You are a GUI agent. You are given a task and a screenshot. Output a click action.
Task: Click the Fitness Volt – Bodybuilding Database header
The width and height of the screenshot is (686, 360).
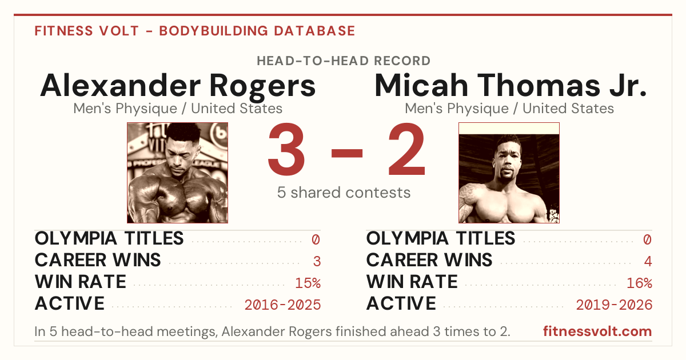(195, 31)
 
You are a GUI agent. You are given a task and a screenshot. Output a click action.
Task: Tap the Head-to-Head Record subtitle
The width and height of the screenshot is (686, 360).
(344, 61)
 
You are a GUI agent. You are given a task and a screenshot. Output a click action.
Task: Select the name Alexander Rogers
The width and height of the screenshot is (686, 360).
(178, 86)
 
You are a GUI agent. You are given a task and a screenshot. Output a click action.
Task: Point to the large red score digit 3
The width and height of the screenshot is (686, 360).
(286, 149)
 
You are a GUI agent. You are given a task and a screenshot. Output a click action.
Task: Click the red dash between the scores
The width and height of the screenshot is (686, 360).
(347, 153)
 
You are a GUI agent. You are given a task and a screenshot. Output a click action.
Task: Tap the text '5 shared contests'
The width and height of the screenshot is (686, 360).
(344, 193)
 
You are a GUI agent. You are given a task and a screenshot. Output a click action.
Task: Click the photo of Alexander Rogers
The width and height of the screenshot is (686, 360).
(178, 173)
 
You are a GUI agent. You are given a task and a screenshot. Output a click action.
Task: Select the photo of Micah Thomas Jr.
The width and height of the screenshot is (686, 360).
(509, 173)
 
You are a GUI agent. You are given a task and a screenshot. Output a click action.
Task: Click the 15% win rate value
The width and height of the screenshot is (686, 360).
(308, 283)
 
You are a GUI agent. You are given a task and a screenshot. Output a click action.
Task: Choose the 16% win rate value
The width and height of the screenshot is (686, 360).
(640, 283)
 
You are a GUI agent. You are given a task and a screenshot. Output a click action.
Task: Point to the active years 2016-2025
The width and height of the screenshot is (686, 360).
(282, 305)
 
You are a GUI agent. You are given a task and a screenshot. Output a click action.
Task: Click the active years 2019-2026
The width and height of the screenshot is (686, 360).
(615, 305)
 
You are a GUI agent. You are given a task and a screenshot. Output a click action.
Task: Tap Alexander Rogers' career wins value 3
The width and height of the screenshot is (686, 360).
(317, 261)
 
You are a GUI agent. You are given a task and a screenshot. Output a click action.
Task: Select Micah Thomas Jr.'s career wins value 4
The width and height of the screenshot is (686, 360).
(648, 261)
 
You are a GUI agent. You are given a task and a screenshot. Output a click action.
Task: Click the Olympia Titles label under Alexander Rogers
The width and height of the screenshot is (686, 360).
(109, 238)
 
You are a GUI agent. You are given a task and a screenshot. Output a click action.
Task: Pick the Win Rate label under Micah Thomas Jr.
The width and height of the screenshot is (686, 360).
(412, 282)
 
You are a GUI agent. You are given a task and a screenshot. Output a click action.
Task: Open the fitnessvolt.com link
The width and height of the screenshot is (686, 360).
(597, 331)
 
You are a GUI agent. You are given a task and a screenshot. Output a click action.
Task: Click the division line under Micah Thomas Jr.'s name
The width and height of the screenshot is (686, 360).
(509, 109)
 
